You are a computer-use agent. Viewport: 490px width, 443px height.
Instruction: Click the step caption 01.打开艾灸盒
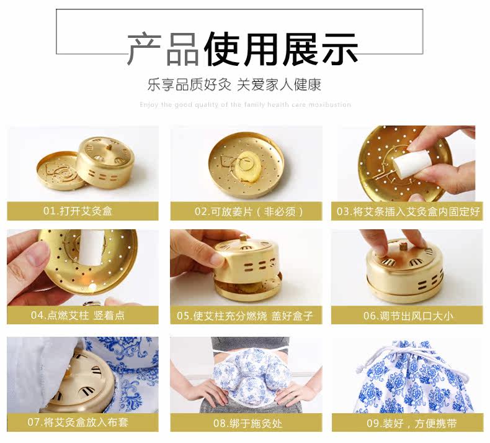pos(78,211)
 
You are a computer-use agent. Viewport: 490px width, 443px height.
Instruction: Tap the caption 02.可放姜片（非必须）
pos(249,212)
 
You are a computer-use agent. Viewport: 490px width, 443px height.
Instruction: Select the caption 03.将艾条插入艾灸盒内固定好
pos(408,212)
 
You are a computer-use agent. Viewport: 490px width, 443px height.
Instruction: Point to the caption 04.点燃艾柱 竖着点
pos(78,315)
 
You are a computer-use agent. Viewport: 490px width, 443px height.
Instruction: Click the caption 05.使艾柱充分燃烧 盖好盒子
pos(244,316)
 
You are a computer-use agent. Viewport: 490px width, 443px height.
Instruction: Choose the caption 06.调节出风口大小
pos(408,316)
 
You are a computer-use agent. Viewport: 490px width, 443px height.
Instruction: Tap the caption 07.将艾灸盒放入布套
pos(78,422)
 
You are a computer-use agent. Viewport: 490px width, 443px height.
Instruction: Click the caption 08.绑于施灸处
pos(248,423)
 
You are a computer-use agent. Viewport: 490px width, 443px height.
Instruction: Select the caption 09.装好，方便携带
pos(412,423)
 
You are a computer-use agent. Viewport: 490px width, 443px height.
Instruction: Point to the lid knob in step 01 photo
pos(109,146)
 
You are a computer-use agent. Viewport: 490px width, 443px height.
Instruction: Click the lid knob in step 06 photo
pos(404,246)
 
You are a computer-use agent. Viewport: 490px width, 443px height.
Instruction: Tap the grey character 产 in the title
pos(145,48)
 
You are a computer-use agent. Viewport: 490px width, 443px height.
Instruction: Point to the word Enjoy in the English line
pos(149,104)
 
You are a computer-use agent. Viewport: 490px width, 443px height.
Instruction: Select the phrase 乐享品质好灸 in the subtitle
pos(189,84)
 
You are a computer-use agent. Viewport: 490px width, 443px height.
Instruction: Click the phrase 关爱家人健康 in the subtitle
pos(278,84)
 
